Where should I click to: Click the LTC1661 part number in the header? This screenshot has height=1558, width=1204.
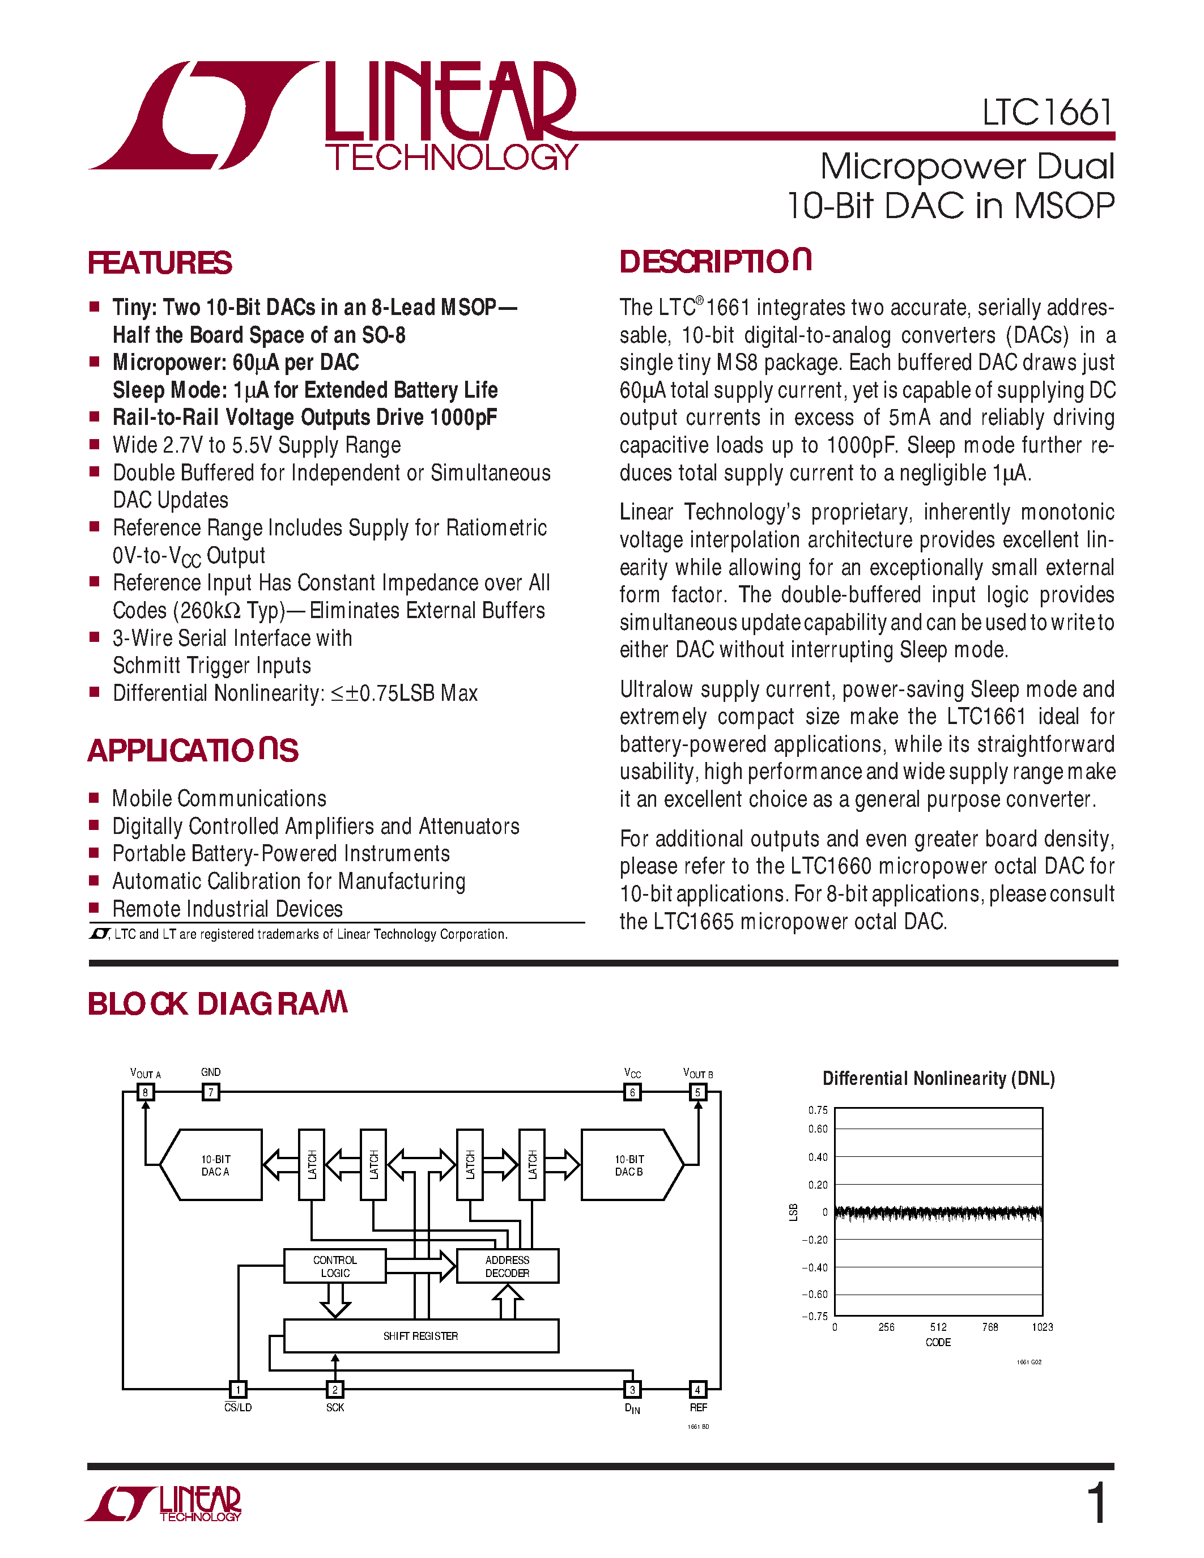click(1046, 113)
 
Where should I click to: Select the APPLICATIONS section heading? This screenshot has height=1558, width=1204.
click(193, 751)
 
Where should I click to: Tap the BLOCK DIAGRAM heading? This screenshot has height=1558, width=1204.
click(217, 1004)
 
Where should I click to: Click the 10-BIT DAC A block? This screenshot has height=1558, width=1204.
click(214, 1165)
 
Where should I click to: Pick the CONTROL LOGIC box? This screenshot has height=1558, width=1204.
click(334, 1266)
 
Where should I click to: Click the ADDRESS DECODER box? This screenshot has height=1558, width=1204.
click(507, 1266)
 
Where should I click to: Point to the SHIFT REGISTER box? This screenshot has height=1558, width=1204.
click(421, 1335)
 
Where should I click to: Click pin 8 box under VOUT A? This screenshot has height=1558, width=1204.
click(146, 1092)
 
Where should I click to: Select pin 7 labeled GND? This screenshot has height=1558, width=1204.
click(210, 1092)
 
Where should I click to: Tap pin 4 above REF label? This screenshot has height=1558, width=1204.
click(697, 1389)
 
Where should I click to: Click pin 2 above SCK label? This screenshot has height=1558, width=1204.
click(334, 1389)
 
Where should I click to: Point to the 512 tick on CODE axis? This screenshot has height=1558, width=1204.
click(938, 1327)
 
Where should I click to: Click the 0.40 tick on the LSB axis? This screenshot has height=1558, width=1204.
click(818, 1157)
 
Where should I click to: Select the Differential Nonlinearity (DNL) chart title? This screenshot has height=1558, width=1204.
click(938, 1078)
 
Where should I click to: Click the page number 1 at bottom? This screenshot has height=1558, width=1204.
click(1097, 1503)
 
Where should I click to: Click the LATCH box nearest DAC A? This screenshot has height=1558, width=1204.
click(312, 1164)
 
